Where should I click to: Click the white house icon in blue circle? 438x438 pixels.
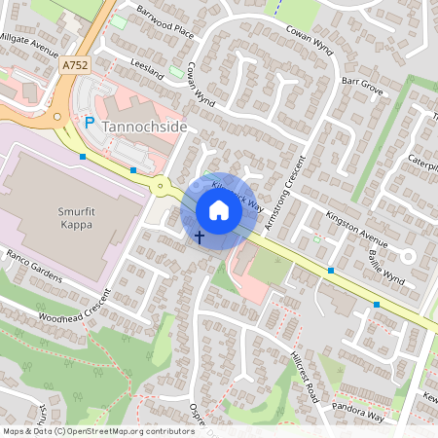[x=218, y=209]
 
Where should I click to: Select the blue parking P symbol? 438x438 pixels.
[x=89, y=124]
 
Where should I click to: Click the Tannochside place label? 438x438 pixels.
[x=143, y=127]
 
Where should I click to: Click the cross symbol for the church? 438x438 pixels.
[x=200, y=237]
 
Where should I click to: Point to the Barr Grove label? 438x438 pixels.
[x=362, y=86]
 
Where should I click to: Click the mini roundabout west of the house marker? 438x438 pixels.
[x=159, y=185]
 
